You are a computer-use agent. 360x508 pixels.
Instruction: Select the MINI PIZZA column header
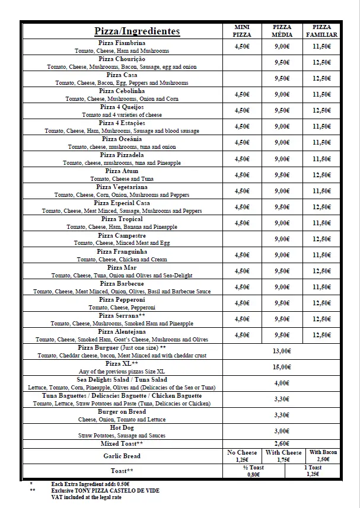[x=242, y=31]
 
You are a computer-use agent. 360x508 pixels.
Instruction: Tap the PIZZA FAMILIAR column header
[x=321, y=31]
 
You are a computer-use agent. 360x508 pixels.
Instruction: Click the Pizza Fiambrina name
[x=122, y=43]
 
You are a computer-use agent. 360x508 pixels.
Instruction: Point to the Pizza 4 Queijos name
[x=122, y=107]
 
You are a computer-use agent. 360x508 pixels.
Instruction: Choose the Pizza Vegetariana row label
[x=122, y=187]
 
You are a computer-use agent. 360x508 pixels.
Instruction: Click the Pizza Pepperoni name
[x=122, y=300]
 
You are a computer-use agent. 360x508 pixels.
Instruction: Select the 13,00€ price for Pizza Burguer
[x=282, y=351]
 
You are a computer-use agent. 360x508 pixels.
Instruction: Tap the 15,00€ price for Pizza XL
[x=282, y=367]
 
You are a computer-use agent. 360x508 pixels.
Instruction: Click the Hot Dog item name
[x=122, y=427]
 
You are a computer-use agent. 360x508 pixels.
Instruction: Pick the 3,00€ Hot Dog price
[x=282, y=431]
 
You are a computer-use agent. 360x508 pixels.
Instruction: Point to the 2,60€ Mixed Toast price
[x=282, y=443]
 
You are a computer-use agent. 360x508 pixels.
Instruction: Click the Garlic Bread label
[x=122, y=456]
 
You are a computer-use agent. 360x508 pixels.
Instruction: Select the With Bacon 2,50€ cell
[x=323, y=456]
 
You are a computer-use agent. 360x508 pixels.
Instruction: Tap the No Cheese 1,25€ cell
[x=242, y=456]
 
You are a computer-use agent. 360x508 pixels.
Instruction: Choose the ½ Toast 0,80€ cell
[x=253, y=471]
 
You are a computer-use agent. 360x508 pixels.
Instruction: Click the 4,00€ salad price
[x=282, y=383]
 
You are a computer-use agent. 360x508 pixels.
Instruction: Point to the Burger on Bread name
[x=122, y=411]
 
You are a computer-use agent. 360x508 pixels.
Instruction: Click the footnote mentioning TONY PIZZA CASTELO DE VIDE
[x=105, y=491]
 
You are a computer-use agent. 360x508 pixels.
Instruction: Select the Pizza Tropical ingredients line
[x=122, y=227]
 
